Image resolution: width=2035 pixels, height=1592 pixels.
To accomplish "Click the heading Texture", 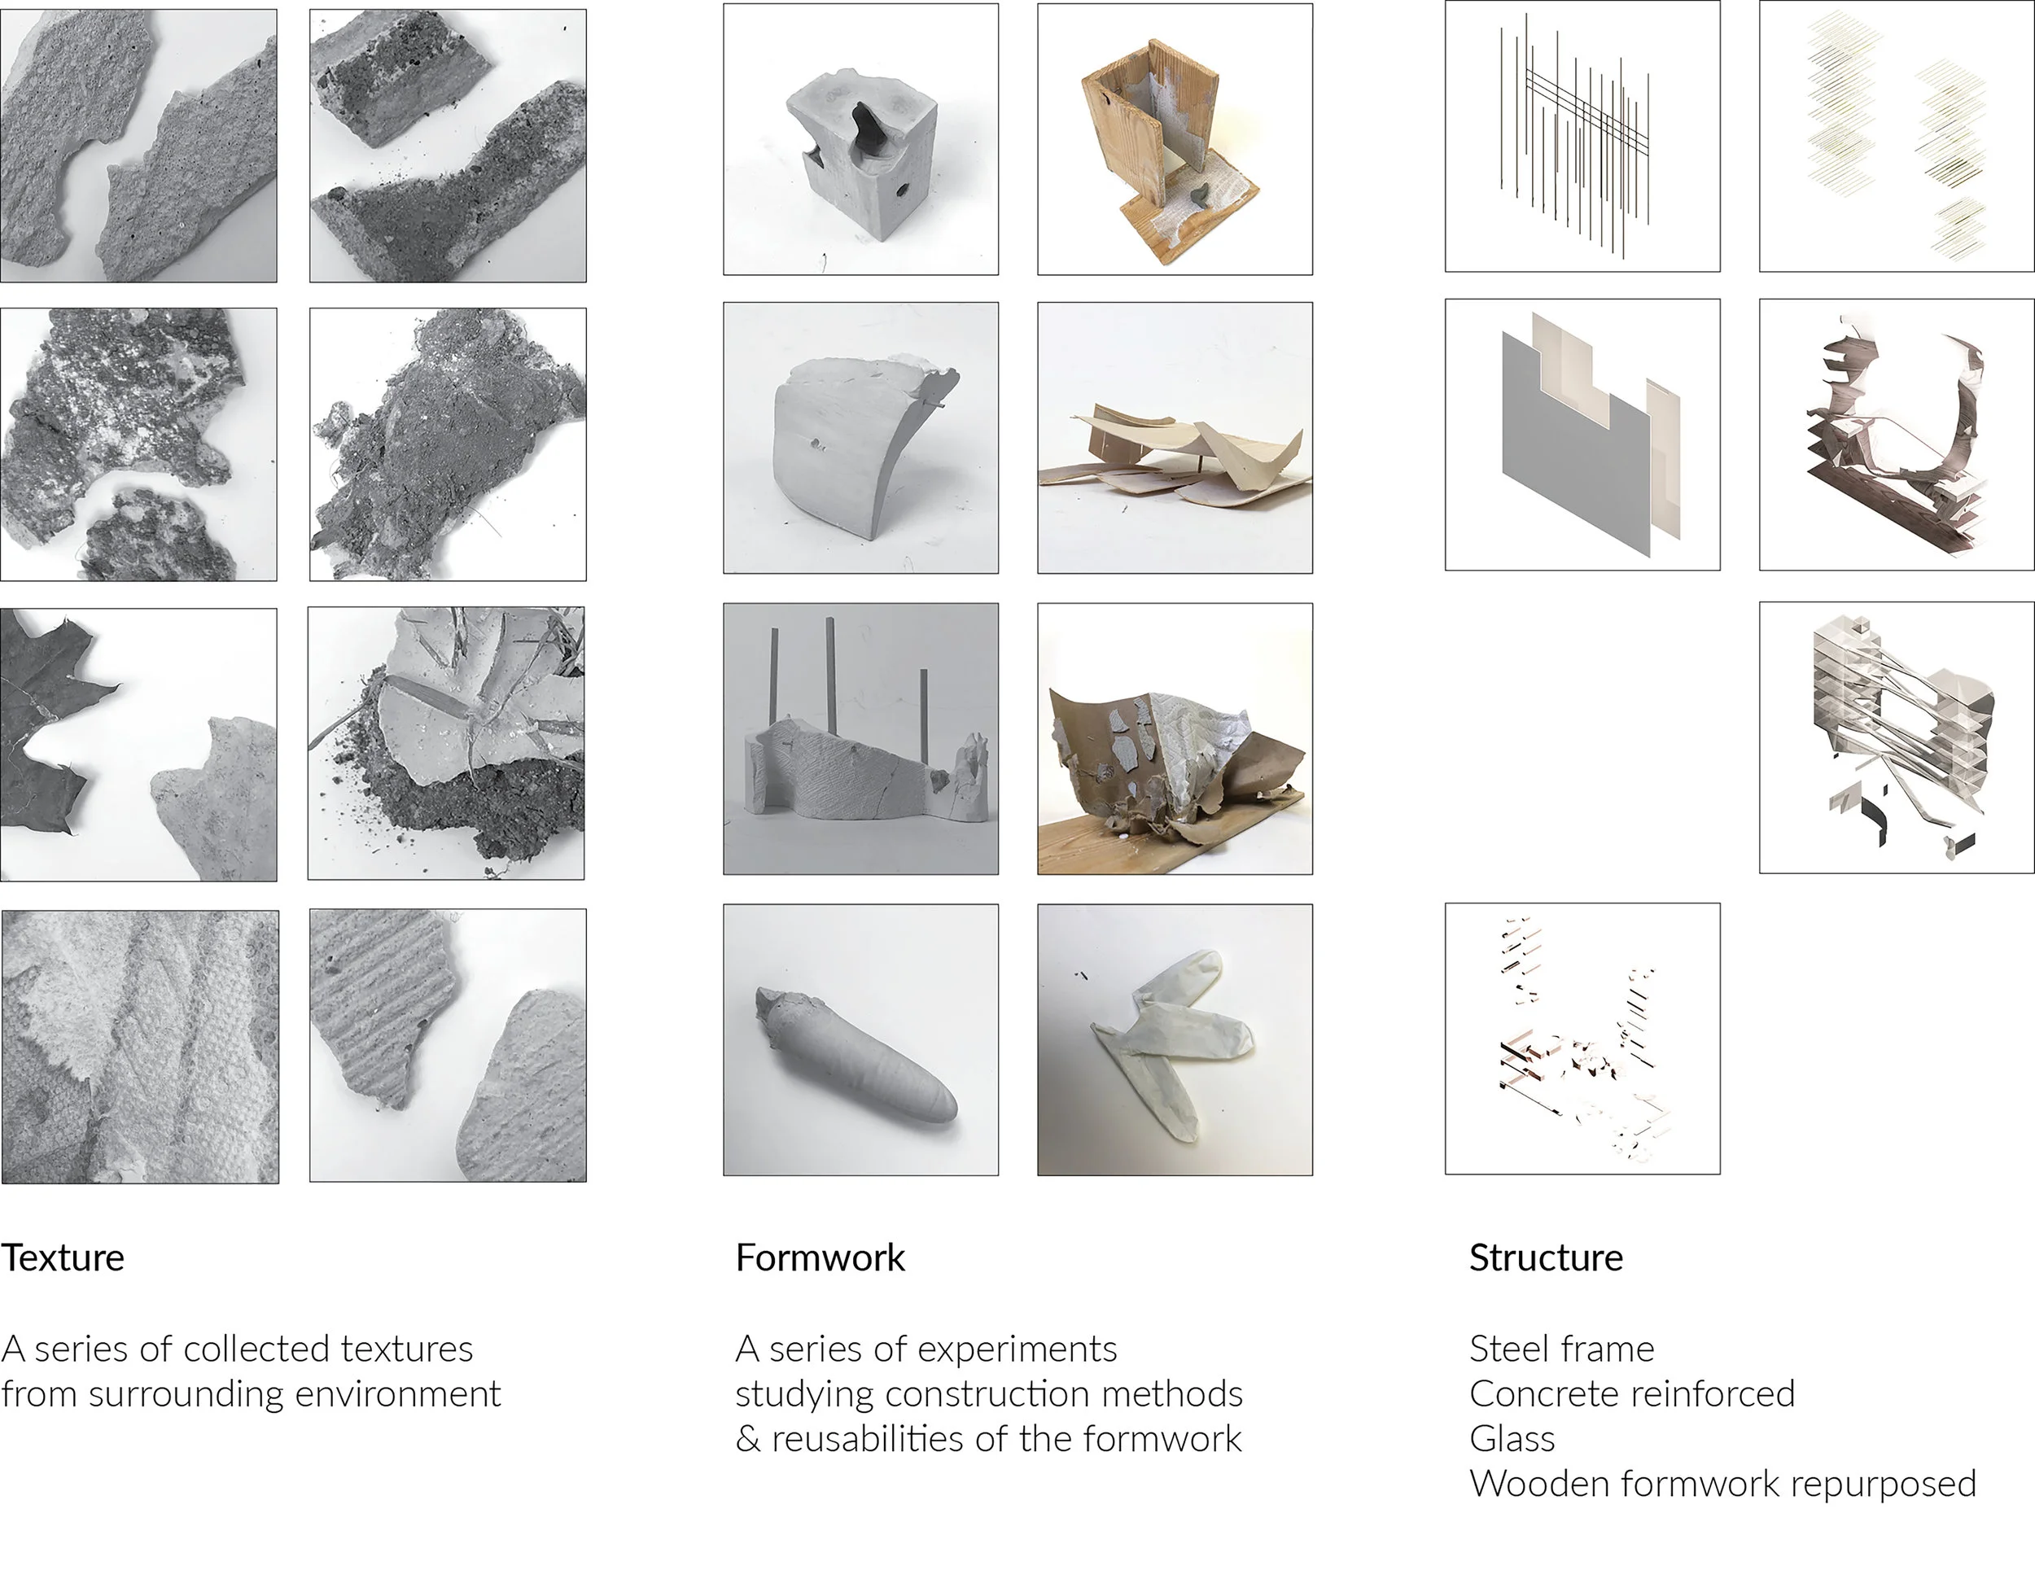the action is point(63,1257).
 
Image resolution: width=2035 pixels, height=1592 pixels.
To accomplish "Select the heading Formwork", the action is point(820,1257).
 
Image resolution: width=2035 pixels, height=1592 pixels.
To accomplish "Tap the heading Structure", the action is point(1546,1257).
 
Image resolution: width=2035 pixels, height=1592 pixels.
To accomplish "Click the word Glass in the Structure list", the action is point(1512,1438).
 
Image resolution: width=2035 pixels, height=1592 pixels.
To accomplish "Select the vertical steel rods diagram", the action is point(1574,135).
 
